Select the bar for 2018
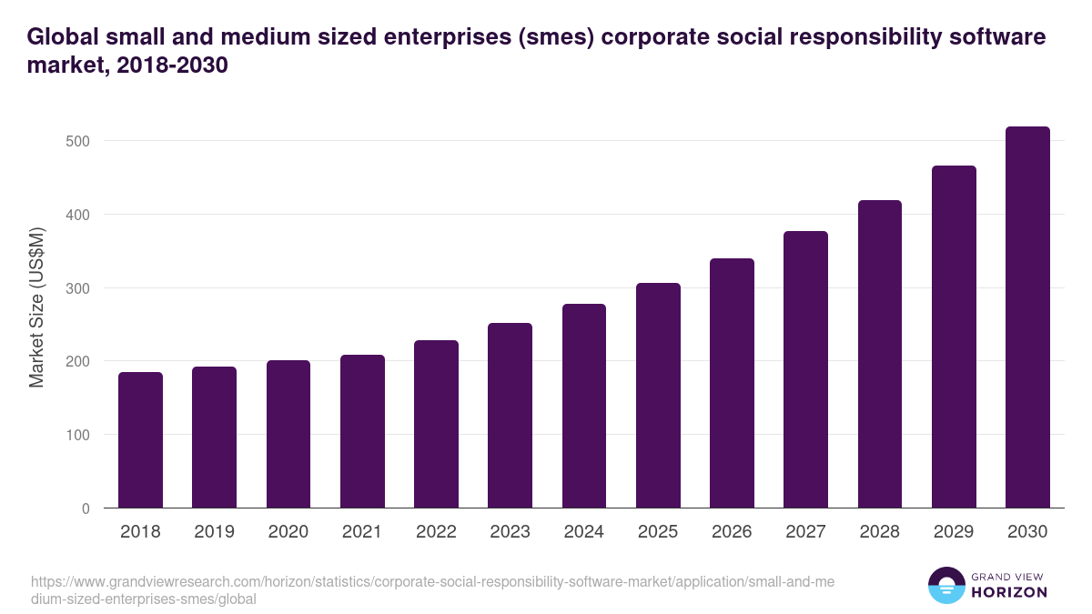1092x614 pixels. click(x=140, y=440)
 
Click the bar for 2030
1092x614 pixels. click(x=1027, y=317)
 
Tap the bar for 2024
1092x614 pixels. click(x=584, y=406)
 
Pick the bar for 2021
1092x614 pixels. click(x=362, y=431)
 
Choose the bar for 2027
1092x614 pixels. click(x=805, y=369)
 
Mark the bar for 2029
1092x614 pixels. click(x=954, y=337)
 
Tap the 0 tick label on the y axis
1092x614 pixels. click(x=86, y=508)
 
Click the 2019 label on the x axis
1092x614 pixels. click(x=214, y=532)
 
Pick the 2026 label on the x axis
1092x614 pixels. click(x=732, y=532)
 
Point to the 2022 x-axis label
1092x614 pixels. click(x=436, y=532)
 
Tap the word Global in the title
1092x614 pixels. click(x=63, y=37)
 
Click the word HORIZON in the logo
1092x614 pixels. click(x=1009, y=592)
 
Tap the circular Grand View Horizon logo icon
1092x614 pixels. click(x=945, y=585)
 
